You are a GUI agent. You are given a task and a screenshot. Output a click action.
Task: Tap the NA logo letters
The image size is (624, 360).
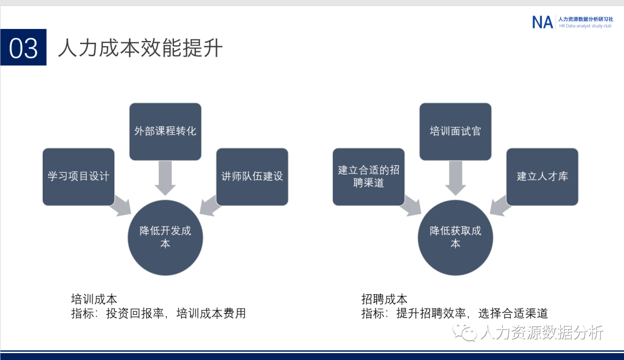click(542, 22)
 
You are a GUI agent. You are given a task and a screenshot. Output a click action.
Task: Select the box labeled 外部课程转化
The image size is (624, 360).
click(165, 131)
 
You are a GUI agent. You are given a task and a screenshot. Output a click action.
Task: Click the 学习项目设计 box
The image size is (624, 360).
click(79, 176)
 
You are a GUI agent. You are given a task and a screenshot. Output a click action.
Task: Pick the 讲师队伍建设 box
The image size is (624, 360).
click(252, 176)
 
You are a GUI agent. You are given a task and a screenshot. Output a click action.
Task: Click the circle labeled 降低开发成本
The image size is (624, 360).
click(165, 237)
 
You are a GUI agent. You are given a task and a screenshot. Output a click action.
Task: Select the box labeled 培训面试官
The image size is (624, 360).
click(455, 131)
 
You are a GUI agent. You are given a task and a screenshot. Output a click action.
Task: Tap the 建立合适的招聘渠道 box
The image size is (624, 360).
click(369, 176)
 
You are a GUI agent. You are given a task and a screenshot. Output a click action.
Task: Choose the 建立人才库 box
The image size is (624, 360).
click(542, 176)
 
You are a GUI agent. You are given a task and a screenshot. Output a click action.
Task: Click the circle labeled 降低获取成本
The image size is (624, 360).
click(455, 237)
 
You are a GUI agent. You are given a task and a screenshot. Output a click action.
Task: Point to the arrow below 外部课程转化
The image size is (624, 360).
click(165, 177)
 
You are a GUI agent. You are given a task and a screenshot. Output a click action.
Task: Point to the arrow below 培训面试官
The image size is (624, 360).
click(455, 177)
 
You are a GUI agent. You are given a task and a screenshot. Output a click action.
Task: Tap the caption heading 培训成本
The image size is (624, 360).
click(94, 299)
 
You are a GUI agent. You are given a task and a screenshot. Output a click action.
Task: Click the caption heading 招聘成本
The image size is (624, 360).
click(384, 299)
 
